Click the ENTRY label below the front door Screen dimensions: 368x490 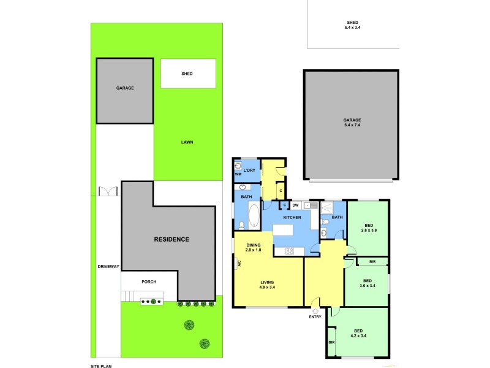click(315, 316)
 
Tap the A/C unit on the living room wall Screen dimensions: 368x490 click(238, 264)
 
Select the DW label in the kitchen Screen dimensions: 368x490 click(295, 205)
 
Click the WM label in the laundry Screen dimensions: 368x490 click(239, 174)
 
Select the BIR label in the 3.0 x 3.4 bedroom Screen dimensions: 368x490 click(372, 261)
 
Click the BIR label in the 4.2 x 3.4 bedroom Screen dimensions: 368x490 click(331, 342)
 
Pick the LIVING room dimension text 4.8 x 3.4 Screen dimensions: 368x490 click(267, 287)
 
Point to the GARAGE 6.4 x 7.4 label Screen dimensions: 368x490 click(352, 122)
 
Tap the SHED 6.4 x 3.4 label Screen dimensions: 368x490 click(352, 25)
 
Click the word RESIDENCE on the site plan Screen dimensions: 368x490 click(171, 239)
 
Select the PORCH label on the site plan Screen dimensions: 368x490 click(149, 282)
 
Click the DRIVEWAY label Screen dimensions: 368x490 click(108, 266)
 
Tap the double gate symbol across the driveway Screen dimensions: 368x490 click(108, 191)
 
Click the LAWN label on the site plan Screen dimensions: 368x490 click(187, 142)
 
